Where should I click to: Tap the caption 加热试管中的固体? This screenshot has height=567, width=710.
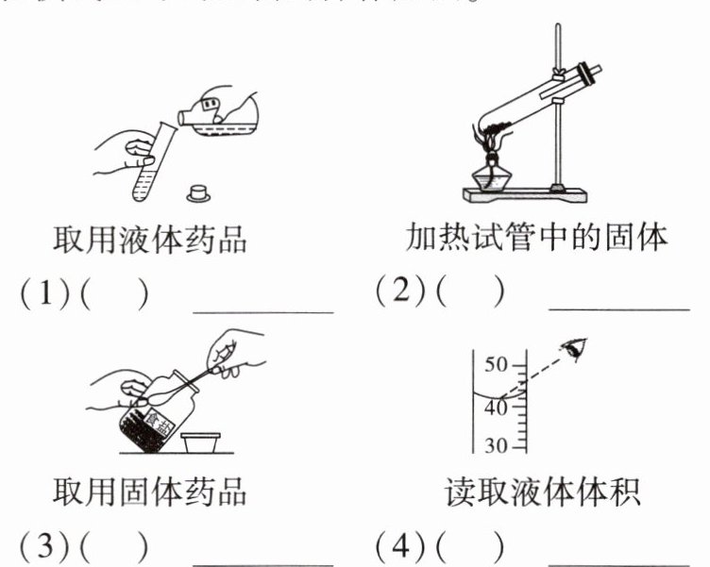click(537, 237)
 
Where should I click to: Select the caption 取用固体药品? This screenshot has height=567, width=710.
click(149, 491)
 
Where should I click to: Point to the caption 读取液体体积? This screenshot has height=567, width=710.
click(537, 492)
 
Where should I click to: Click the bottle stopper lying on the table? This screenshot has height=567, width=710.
click(198, 193)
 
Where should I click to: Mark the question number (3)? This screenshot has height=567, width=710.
click(43, 546)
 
